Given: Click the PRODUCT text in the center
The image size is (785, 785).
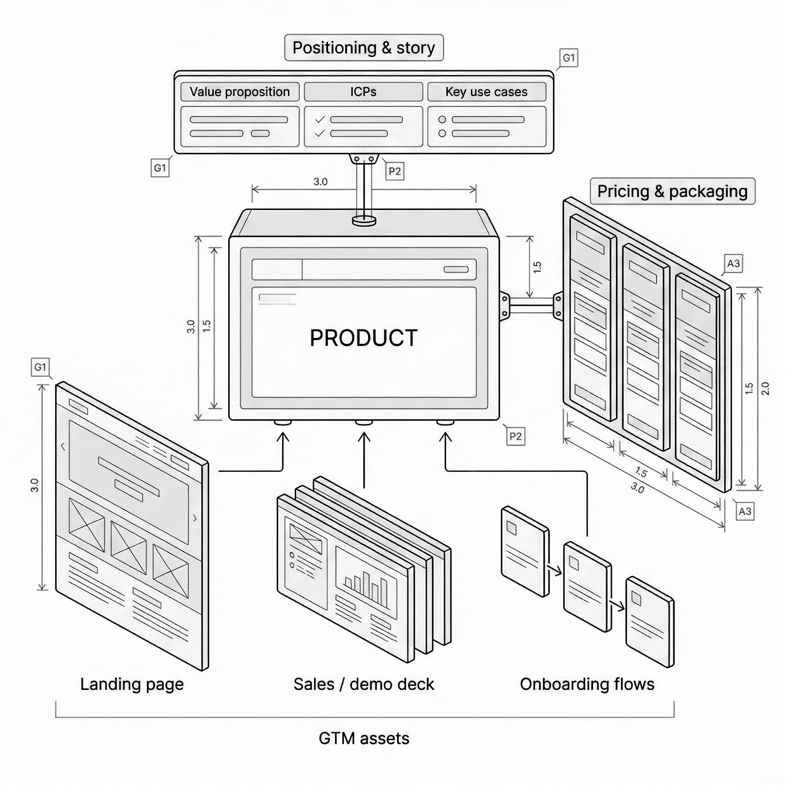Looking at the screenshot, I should click(x=364, y=338).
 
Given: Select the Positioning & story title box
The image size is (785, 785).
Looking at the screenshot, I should click(x=364, y=48).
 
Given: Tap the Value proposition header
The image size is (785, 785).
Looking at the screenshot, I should click(x=239, y=92).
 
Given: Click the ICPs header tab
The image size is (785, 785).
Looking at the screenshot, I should click(x=363, y=92).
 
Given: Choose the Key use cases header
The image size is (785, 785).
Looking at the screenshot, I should click(x=486, y=92).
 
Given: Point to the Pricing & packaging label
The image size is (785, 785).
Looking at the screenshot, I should click(x=672, y=191).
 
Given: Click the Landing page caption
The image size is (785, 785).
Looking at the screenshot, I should click(x=132, y=684).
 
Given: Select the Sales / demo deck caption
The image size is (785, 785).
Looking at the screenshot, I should click(x=364, y=684).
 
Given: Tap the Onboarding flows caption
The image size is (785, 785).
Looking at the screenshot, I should click(x=587, y=684).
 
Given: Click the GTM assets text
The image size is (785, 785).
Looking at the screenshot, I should click(x=364, y=738).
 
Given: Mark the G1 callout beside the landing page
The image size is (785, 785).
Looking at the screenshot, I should click(x=40, y=367).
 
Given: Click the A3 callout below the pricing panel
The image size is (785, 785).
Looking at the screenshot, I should click(x=745, y=511).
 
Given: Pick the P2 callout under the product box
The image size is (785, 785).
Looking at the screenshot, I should click(x=516, y=436).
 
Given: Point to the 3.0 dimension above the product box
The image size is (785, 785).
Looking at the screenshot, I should click(x=320, y=182).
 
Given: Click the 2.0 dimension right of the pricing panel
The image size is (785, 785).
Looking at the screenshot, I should click(x=765, y=388).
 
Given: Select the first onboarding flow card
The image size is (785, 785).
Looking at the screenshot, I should click(x=525, y=551).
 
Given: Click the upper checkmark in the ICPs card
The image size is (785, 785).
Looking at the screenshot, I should click(x=320, y=119).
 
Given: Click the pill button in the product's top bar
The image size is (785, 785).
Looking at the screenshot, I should click(x=456, y=269).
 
